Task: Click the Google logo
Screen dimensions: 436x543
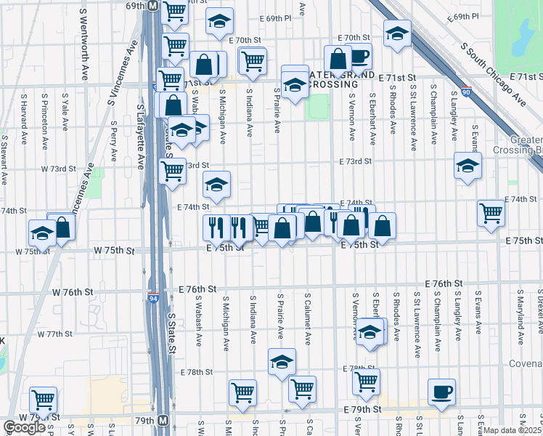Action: [24, 427]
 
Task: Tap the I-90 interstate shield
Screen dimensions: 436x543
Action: [465, 93]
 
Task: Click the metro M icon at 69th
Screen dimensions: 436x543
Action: [153, 5]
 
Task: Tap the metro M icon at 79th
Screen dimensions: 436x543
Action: [163, 421]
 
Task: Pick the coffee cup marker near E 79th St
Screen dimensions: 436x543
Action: [441, 391]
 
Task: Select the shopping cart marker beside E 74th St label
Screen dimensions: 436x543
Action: [491, 211]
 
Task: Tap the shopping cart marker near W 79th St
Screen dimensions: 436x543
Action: [44, 398]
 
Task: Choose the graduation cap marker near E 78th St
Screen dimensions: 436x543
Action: [282, 361]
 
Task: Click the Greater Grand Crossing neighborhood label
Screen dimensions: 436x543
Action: [341, 79]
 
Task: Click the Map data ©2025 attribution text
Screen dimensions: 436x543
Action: [513, 430]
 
